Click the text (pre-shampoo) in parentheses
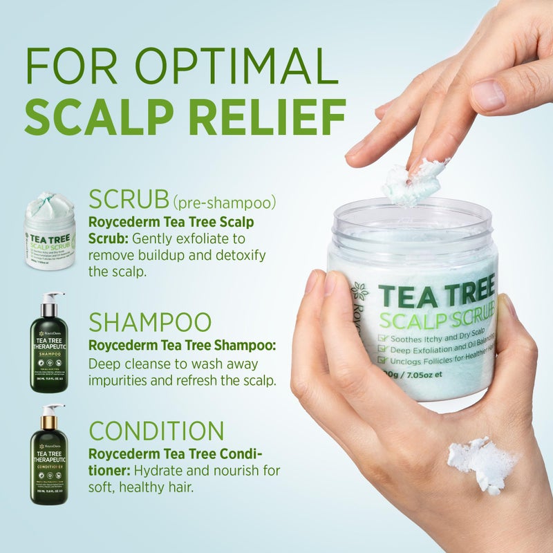pyautogui.click(x=225, y=202)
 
